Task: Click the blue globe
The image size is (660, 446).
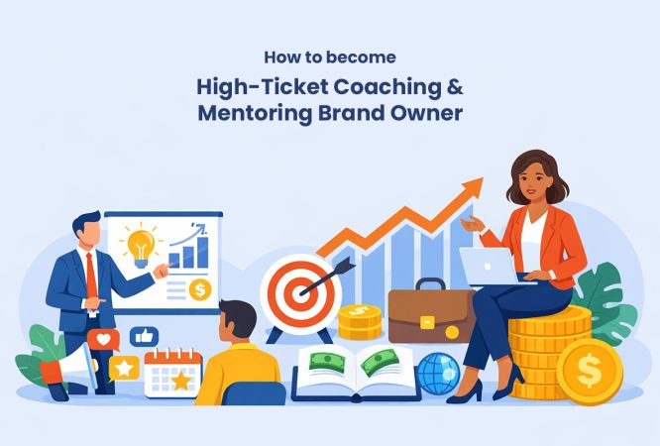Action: (x=437, y=374)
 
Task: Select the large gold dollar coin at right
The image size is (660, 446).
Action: (x=589, y=372)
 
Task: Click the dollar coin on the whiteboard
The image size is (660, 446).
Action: (x=199, y=290)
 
